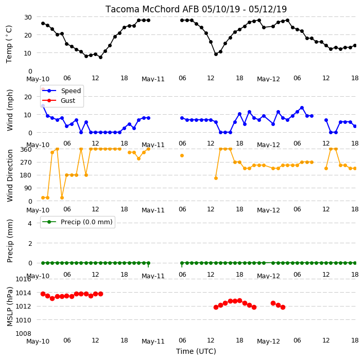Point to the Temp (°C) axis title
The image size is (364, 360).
point(9,44)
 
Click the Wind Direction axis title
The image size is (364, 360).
point(10,175)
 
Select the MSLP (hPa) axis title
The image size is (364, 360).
point(10,306)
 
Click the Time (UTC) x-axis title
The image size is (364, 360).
point(196,351)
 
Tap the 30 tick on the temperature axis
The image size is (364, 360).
point(28,17)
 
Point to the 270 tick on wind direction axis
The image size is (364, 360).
point(26,162)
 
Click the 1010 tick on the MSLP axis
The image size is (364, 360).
point(24,320)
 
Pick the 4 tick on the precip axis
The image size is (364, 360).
point(30,223)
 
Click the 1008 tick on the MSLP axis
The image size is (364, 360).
point(24,334)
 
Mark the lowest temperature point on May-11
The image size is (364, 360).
point(216,54)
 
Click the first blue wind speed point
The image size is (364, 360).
point(43,106)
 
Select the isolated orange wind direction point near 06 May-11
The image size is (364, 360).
point(182,156)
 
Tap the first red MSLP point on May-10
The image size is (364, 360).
point(43,294)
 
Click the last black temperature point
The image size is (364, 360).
point(355,45)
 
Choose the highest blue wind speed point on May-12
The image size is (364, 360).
point(302,108)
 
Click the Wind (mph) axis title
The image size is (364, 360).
point(10,110)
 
